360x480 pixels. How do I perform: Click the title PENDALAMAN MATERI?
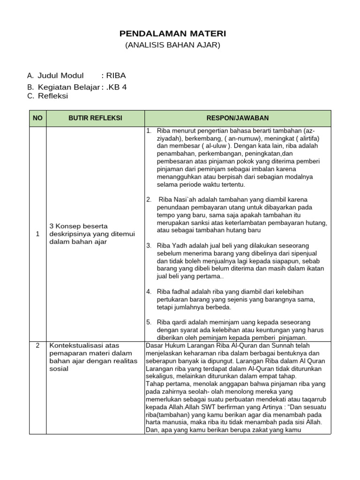click(172, 34)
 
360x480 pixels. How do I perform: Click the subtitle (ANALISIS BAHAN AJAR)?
click(172, 45)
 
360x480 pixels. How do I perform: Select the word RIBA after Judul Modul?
click(116, 75)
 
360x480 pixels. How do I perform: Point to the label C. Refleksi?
click(48, 96)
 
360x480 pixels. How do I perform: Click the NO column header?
click(37, 118)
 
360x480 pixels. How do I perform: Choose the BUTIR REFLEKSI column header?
click(95, 118)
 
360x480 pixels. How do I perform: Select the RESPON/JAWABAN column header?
click(238, 118)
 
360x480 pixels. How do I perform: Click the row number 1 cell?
click(37, 234)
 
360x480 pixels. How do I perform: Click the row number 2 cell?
click(37, 345)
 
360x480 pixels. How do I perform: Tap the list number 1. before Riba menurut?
click(149, 130)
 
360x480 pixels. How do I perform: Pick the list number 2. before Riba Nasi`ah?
click(149, 200)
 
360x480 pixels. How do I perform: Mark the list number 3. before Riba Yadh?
click(149, 246)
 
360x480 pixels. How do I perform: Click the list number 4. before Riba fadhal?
click(149, 292)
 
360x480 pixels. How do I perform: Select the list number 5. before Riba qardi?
click(149, 322)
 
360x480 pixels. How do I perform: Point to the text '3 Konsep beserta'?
click(78, 226)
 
